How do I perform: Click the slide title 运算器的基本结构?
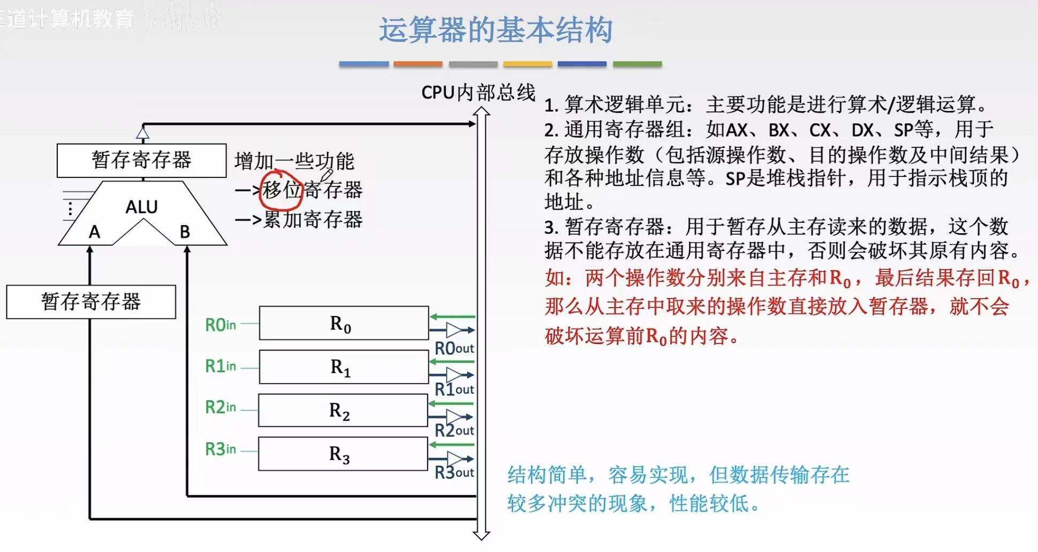[x=495, y=30]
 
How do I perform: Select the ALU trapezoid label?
[x=141, y=207]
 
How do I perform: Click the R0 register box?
[x=344, y=323]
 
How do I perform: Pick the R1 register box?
[x=344, y=367]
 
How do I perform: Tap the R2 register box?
[x=343, y=411]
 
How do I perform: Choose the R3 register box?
[x=343, y=454]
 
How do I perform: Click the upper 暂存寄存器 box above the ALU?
[x=141, y=160]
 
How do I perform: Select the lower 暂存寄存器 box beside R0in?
[x=91, y=302]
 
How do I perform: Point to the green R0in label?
[x=220, y=325]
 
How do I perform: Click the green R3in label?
[x=220, y=449]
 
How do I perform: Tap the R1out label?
[x=454, y=389]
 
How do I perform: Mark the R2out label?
[x=454, y=430]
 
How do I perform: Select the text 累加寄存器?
[x=313, y=219]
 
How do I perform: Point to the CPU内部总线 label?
[x=478, y=93]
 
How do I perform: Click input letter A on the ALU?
[x=94, y=232]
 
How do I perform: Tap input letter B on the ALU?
[x=185, y=232]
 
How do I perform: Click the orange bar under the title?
[x=418, y=64]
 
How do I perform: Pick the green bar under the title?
[x=637, y=64]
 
